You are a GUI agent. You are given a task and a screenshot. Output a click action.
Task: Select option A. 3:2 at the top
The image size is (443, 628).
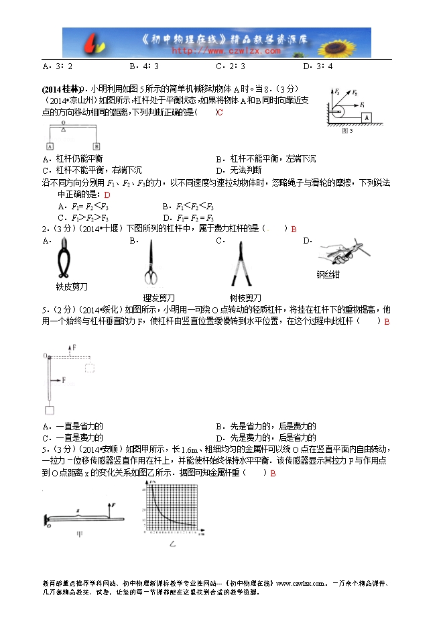(x=58, y=66)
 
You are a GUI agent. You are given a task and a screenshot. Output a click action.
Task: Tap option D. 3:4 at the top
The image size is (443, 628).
(x=318, y=66)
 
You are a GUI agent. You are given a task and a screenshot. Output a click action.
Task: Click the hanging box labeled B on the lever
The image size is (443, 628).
(x=96, y=146)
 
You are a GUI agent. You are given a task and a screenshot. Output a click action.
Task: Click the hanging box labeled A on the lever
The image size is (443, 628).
(x=50, y=146)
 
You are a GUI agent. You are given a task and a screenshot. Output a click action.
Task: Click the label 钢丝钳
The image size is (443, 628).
(x=330, y=274)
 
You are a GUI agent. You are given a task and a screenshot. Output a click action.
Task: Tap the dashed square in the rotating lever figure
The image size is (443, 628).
(x=88, y=367)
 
